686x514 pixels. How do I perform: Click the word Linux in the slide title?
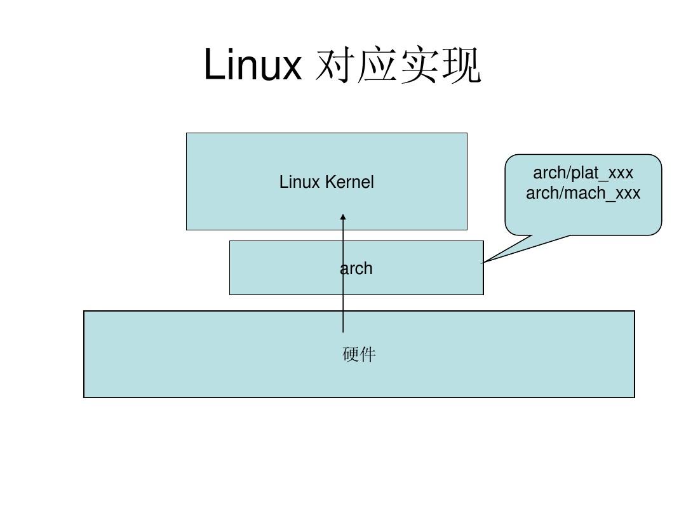(252, 65)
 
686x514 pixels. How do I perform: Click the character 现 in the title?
(461, 67)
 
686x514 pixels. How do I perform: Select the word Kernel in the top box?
(349, 182)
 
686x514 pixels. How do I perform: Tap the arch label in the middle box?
(356, 268)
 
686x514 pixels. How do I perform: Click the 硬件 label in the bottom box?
(359, 354)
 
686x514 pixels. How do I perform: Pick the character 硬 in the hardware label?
(351, 354)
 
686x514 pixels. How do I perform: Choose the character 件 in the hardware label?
(368, 354)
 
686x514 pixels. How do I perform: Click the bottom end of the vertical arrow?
(343, 331)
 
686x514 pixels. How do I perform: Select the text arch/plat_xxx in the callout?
(583, 173)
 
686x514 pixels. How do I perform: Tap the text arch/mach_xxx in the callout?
(583, 193)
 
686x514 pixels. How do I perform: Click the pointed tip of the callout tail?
(483, 262)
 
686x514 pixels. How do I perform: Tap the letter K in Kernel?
(330, 182)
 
